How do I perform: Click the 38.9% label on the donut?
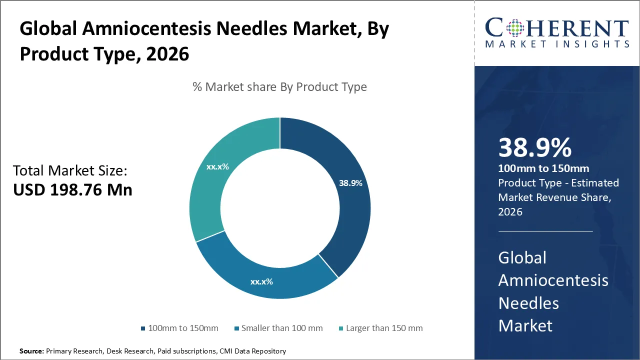coord(350,183)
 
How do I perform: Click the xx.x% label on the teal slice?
coord(217,166)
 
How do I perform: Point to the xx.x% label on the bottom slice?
coord(261,281)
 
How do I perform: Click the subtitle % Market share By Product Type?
coord(279,87)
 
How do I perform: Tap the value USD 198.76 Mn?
coord(72,190)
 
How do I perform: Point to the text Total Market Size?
coord(70,171)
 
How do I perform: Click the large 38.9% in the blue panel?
coord(534,148)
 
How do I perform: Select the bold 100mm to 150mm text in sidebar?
coord(543,168)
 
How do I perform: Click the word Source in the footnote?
coord(31,351)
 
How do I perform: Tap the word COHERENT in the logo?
coord(557,28)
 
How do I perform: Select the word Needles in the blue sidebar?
coord(528,303)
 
